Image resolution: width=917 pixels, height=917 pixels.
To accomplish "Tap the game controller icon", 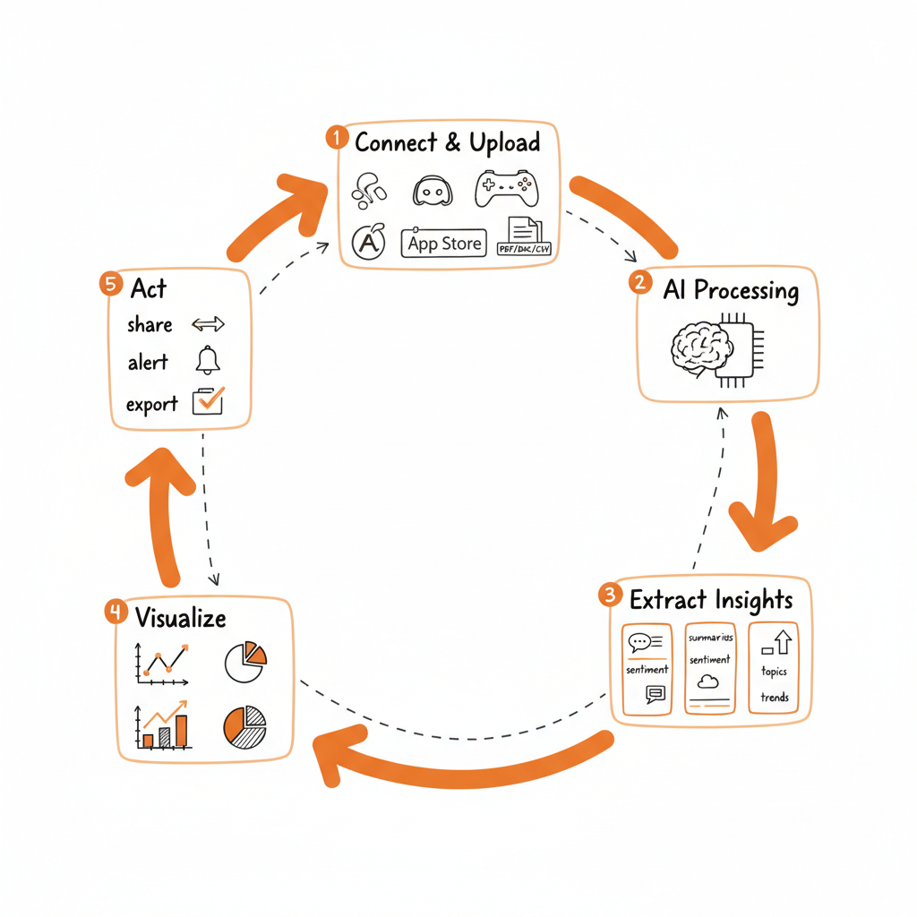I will point(506,187).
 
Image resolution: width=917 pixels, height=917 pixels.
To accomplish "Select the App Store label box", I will point(444,242).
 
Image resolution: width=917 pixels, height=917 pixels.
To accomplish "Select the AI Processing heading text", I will point(731,290).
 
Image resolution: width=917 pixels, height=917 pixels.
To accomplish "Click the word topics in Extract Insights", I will point(774,672).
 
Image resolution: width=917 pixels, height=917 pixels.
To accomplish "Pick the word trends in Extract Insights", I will point(774,697).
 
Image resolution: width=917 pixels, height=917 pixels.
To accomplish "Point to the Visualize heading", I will point(180,617).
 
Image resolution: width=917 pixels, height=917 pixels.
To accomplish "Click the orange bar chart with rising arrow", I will point(163,725).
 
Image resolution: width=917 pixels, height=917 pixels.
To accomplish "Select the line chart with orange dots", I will point(162,663).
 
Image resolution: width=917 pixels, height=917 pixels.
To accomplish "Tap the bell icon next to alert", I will point(208,361).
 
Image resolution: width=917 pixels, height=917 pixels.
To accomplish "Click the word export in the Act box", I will point(151,404).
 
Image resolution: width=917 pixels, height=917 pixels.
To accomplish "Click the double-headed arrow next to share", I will point(208,324).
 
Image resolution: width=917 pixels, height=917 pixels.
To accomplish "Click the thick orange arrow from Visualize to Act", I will point(164,510).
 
